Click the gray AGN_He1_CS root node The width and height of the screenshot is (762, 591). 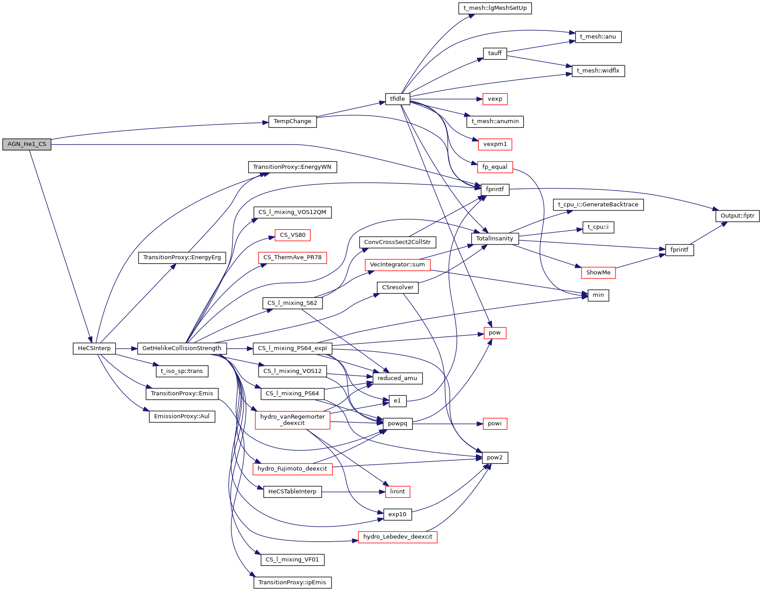click(x=27, y=144)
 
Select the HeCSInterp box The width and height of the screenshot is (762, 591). click(x=94, y=348)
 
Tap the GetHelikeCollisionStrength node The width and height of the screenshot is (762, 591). click(x=182, y=348)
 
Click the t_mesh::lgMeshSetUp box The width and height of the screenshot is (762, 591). click(x=495, y=8)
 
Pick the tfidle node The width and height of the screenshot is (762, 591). click(x=397, y=99)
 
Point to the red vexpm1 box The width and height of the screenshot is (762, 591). click(x=495, y=144)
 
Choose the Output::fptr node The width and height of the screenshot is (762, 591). click(x=737, y=216)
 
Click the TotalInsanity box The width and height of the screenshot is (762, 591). click(x=495, y=239)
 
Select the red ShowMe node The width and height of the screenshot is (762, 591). click(x=598, y=273)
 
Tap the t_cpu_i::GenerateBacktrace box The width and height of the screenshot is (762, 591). click(x=598, y=205)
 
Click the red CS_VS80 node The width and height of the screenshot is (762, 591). click(x=293, y=235)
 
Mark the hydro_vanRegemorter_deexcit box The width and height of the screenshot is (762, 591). click(x=293, y=420)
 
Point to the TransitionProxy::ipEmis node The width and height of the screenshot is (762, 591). click(x=293, y=582)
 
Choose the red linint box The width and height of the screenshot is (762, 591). click(x=397, y=492)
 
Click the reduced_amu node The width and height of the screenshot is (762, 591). click(x=397, y=378)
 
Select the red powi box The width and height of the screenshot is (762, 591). click(x=495, y=424)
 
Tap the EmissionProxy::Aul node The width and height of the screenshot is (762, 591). click(x=182, y=416)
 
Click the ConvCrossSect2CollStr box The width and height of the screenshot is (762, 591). click(x=397, y=242)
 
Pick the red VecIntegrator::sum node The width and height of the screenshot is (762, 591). click(x=397, y=265)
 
